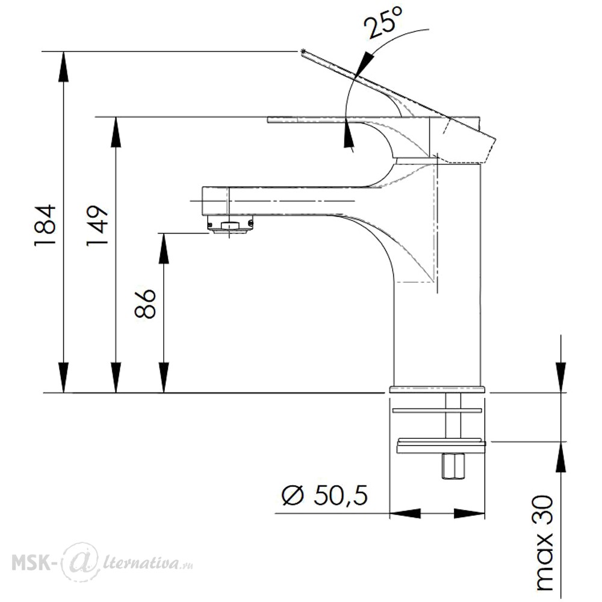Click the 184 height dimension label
45,225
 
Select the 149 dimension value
96,226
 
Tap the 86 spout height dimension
145,303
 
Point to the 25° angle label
384,22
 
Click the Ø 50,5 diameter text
325,495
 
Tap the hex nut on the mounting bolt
453,466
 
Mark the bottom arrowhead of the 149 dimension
116,378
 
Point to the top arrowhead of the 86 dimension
164,248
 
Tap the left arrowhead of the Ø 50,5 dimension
405,514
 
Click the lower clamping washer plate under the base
441,445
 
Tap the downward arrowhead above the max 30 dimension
561,377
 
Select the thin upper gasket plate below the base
437,411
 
